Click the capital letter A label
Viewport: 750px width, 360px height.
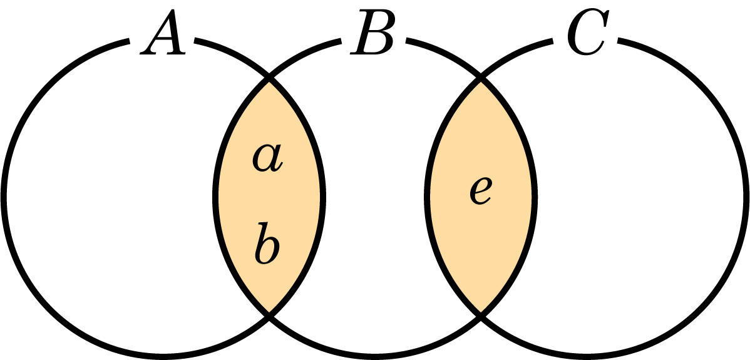[163, 32]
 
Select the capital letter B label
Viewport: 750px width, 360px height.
[372, 31]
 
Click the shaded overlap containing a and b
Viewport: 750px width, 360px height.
[269, 197]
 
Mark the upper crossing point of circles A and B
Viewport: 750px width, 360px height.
[269, 78]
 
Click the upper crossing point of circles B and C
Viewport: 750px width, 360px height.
[481, 78]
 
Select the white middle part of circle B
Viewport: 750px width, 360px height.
[375, 197]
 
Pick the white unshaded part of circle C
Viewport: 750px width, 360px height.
[641, 197]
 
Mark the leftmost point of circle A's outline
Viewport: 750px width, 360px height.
[4, 197]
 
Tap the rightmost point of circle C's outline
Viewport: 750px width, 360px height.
[746, 197]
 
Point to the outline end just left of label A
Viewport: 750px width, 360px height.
[129, 41]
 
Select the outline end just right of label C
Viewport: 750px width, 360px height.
[619, 41]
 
